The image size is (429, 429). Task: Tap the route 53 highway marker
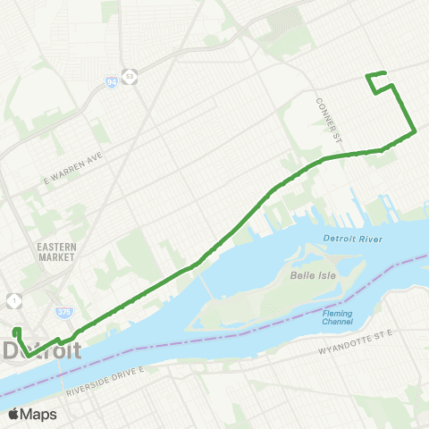coord(130,76)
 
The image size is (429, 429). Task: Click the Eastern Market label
coord(56,252)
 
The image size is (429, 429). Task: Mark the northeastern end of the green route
coord(383,73)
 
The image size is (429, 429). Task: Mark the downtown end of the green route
coord(15,333)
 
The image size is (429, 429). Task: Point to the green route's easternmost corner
coord(415,133)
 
